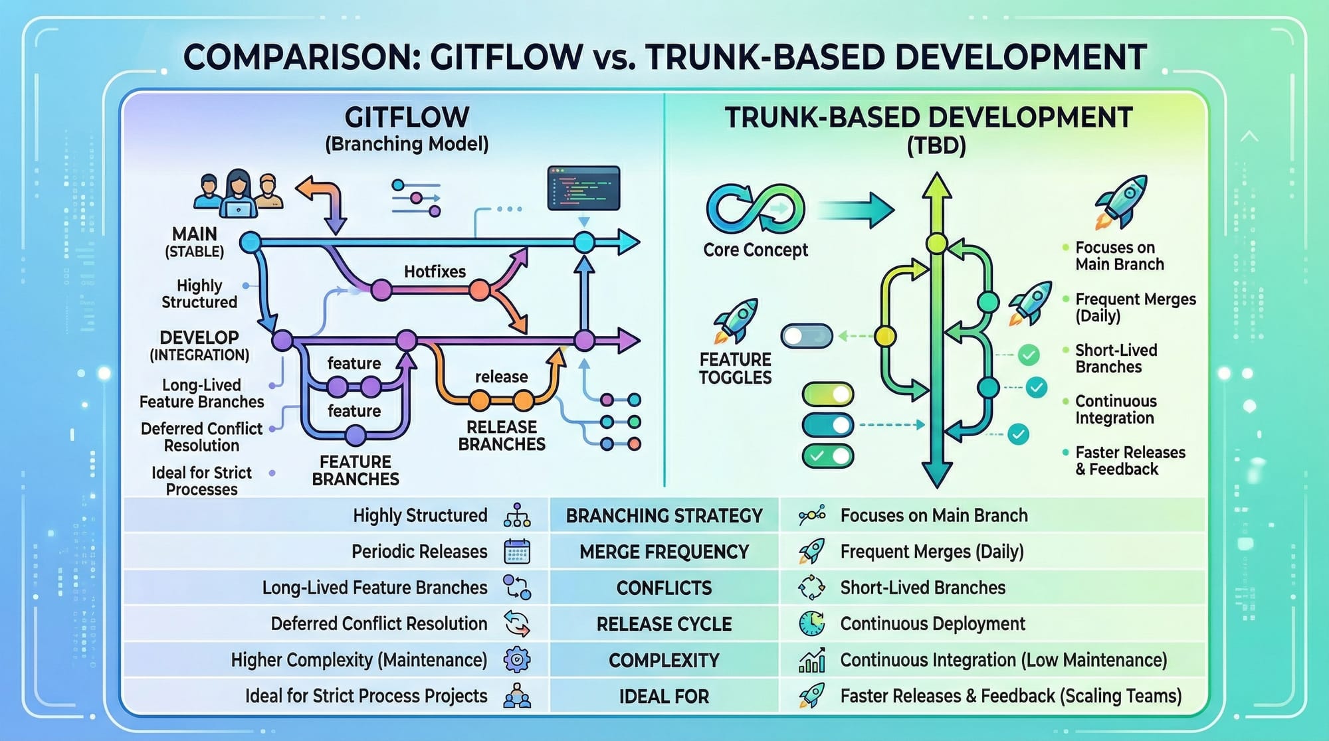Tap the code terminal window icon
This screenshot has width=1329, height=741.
pyautogui.click(x=583, y=189)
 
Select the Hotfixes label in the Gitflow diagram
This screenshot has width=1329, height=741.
pyautogui.click(x=435, y=272)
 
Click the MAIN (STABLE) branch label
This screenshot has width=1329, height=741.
pyautogui.click(x=194, y=242)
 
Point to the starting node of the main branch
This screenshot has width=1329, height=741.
pyautogui.click(x=250, y=242)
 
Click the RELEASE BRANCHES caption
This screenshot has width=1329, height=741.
pyautogui.click(x=502, y=436)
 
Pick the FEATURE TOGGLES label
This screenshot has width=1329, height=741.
pyautogui.click(x=735, y=369)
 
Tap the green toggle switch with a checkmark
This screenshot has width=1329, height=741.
pyautogui.click(x=827, y=456)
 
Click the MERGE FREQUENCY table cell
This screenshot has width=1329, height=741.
pyautogui.click(x=664, y=552)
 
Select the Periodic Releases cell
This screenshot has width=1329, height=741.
pyautogui.click(x=419, y=552)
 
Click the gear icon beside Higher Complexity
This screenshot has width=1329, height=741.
pyautogui.click(x=517, y=659)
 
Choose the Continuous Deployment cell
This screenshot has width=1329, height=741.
pyautogui.click(x=932, y=623)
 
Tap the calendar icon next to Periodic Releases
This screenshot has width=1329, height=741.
pyautogui.click(x=517, y=552)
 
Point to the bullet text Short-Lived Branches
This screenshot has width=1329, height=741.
pyautogui.click(x=1116, y=359)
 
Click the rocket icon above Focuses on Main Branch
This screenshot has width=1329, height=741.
pyautogui.click(x=1122, y=201)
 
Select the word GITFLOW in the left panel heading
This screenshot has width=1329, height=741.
pyautogui.click(x=407, y=118)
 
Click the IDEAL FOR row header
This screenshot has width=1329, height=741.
pyautogui.click(x=664, y=697)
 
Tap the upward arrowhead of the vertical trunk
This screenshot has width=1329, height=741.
pyautogui.click(x=937, y=186)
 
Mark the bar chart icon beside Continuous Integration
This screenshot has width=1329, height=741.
pyautogui.click(x=811, y=660)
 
